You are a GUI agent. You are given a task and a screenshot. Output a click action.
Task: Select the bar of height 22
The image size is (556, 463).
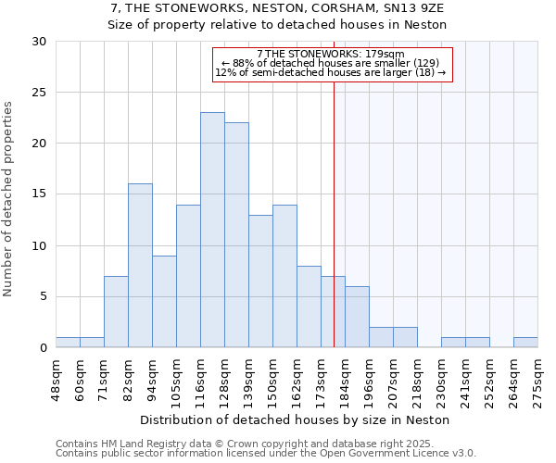tap(236, 235)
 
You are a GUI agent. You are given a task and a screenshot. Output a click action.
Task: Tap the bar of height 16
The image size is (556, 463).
tap(140, 266)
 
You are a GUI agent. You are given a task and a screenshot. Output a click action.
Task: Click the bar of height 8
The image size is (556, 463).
tap(309, 307)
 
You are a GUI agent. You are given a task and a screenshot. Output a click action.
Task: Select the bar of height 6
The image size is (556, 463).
tap(357, 317)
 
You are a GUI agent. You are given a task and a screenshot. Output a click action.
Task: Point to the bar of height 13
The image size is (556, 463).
tap(260, 282)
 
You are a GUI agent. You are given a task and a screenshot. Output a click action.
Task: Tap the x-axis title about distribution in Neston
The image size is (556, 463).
tap(297, 419)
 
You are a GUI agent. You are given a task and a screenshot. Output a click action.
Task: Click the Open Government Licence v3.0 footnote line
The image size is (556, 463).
tap(266, 454)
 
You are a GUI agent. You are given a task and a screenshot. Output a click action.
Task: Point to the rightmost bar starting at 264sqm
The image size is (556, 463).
tap(525, 343)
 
